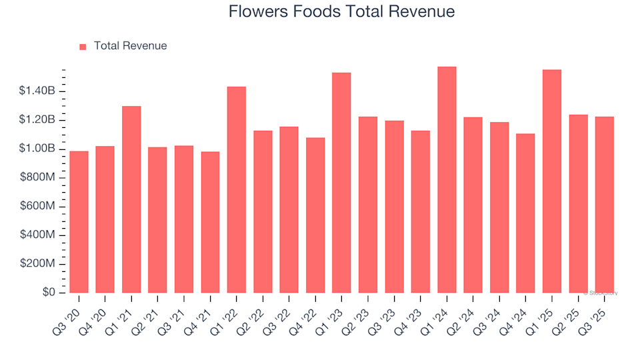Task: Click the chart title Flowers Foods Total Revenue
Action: [x=341, y=12]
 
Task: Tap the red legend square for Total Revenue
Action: [x=83, y=47]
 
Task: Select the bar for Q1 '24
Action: [x=447, y=180]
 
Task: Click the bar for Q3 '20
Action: [x=79, y=222]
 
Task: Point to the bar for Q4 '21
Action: [x=210, y=223]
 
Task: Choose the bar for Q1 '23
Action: [x=341, y=183]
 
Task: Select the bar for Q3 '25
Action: [x=604, y=205]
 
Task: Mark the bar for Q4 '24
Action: [x=525, y=213]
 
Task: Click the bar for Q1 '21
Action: [x=131, y=199]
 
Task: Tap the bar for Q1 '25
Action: [x=551, y=181]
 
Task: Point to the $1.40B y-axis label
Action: [x=38, y=91]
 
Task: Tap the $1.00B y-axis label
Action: [x=38, y=149]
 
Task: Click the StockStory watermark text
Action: [x=600, y=293]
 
